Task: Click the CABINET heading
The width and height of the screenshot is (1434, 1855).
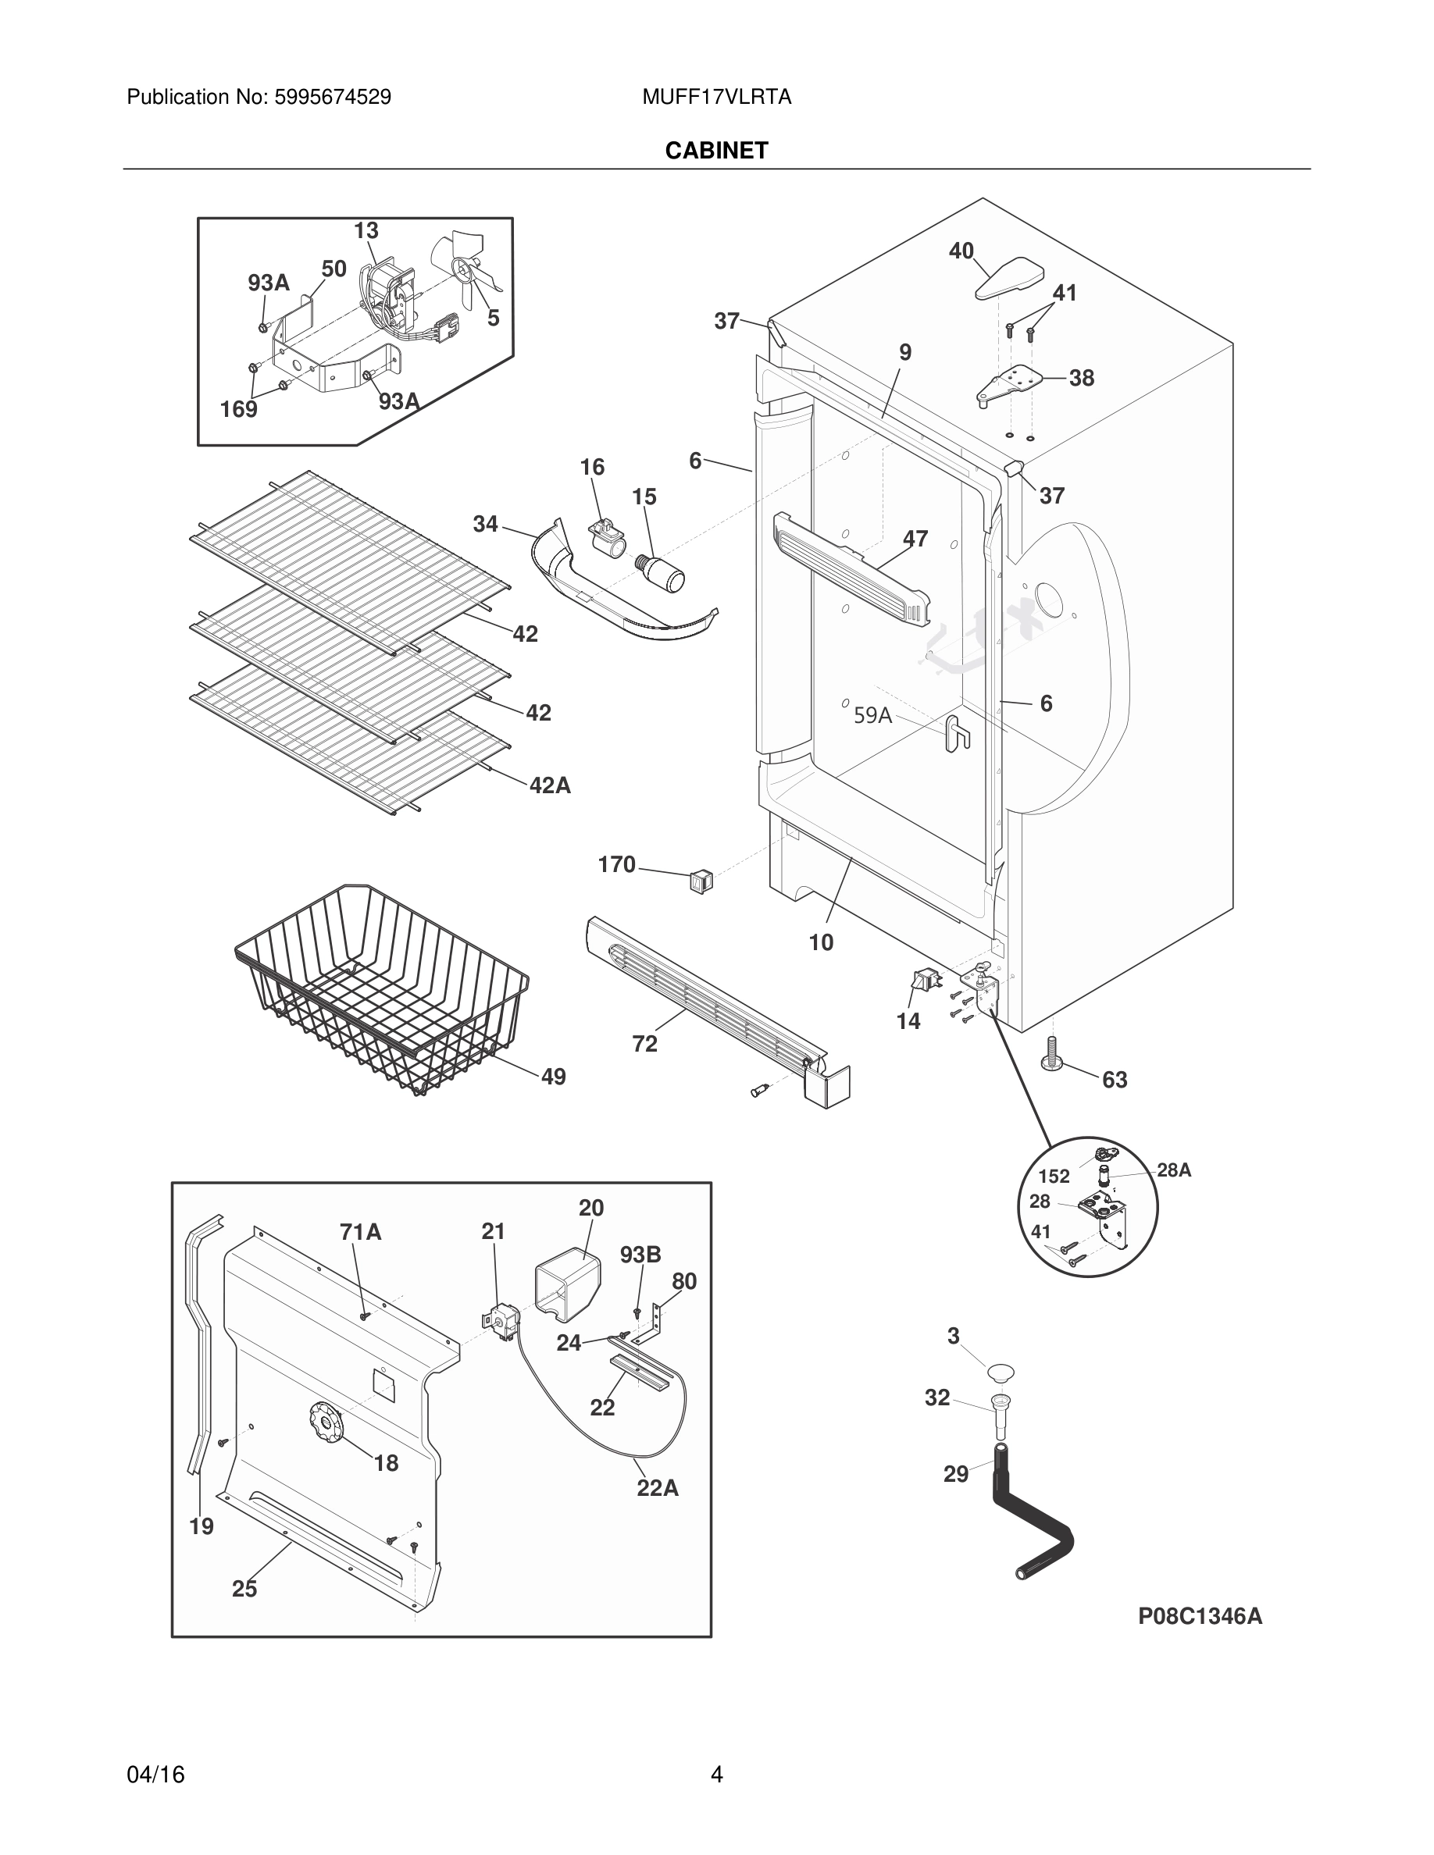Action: (x=716, y=151)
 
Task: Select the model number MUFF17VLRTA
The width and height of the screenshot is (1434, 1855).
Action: (x=716, y=97)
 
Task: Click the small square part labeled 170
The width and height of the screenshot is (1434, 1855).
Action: (x=701, y=881)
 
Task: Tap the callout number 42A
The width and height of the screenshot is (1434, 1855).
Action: (x=550, y=785)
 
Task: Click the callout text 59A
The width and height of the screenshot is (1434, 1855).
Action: (x=872, y=715)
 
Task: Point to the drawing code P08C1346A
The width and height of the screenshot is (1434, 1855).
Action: (x=1200, y=1616)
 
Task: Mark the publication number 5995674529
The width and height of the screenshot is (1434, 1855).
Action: (x=332, y=97)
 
